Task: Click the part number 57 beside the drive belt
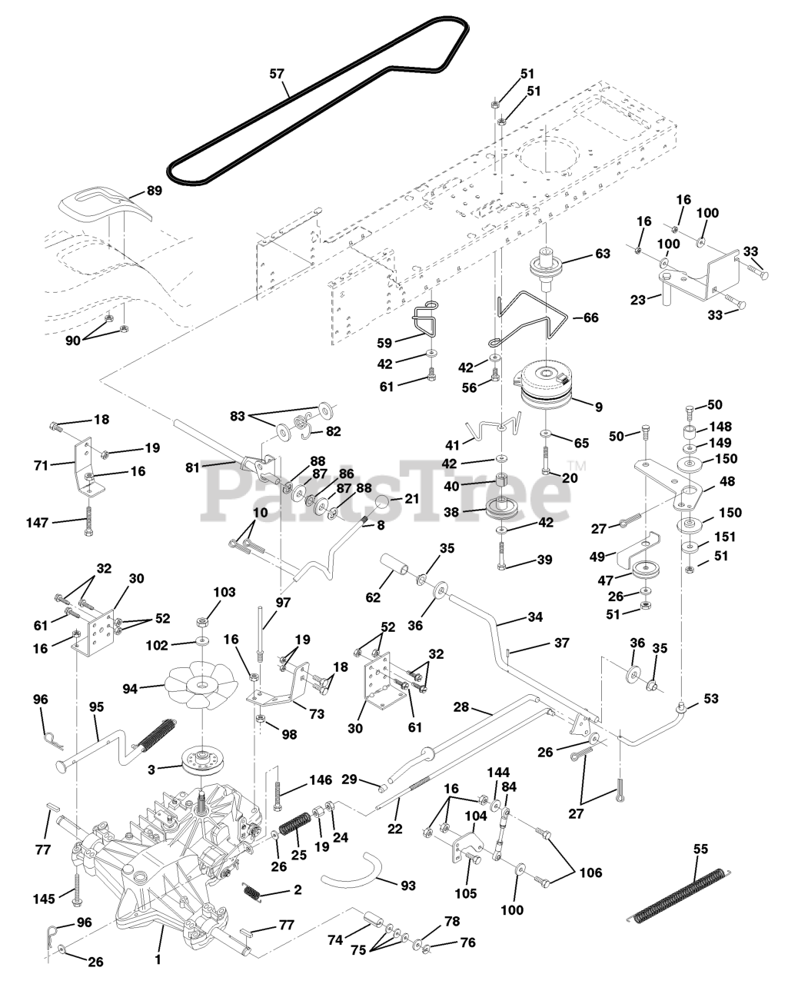coord(278,74)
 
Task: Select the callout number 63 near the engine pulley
coord(602,253)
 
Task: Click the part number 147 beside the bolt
coord(37,522)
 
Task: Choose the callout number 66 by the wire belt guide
coord(590,317)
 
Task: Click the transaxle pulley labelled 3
coord(201,761)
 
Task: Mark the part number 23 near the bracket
coord(638,300)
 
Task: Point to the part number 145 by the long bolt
coord(44,899)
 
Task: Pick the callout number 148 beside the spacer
coord(721,426)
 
